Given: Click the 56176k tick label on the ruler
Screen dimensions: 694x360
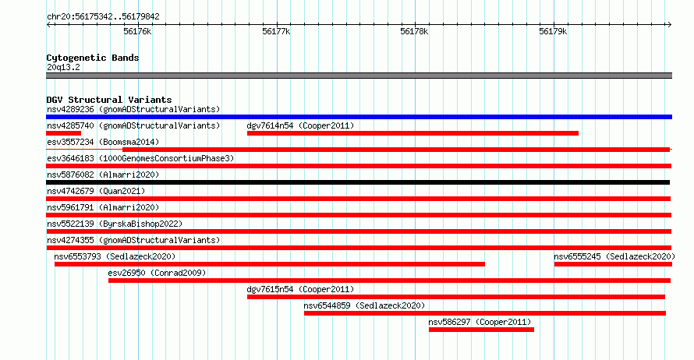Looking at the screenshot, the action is (x=137, y=31).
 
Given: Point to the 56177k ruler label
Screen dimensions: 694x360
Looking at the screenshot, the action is (x=276, y=31).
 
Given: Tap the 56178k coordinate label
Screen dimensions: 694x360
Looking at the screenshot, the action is (x=414, y=31).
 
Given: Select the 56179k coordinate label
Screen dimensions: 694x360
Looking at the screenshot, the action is (x=553, y=31).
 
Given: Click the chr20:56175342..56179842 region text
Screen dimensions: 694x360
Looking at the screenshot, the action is (x=103, y=17).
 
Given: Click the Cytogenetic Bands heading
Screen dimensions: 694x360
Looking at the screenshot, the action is (x=93, y=58).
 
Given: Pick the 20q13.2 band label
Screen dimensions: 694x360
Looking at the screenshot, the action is (x=63, y=67).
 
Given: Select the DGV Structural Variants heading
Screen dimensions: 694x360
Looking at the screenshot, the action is (x=109, y=100).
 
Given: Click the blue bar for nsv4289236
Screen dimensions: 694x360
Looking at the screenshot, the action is (x=359, y=117).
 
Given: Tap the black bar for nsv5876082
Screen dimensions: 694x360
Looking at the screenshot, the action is (x=358, y=182).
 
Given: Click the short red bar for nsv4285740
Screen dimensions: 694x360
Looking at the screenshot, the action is (x=63, y=133).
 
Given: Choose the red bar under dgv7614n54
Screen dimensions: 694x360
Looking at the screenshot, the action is (x=413, y=133).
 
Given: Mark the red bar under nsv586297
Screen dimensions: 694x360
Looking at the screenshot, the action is (x=481, y=330).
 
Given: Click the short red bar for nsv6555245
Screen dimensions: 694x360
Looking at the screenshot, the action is (x=613, y=264).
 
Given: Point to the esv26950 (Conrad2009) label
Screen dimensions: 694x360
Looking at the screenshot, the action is (x=157, y=273).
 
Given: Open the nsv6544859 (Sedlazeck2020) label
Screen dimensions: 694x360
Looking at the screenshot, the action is (x=364, y=305).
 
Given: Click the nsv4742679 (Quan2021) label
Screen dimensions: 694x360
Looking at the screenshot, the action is (x=96, y=191).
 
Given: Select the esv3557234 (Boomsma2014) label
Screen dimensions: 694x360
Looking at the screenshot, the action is (x=103, y=142).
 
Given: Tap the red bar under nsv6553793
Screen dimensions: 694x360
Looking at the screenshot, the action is (x=270, y=264).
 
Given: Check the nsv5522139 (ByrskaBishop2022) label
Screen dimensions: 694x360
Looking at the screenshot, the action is (x=115, y=224).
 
